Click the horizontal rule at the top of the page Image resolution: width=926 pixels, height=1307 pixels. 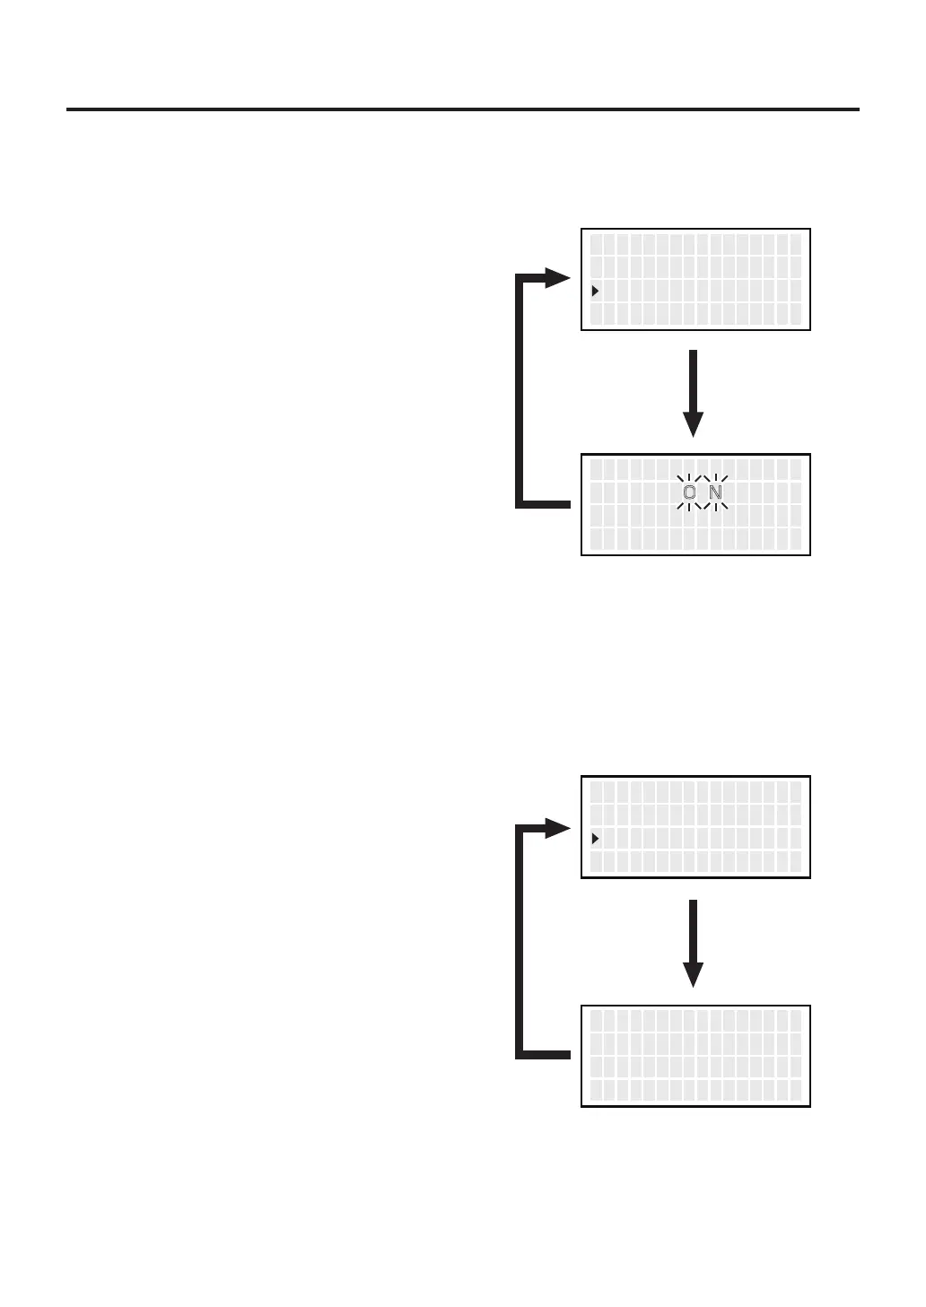(x=462, y=109)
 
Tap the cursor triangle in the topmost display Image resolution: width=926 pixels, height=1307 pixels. (x=595, y=291)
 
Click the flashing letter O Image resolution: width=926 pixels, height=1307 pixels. (x=689, y=492)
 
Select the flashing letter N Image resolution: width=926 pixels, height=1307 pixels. (x=715, y=492)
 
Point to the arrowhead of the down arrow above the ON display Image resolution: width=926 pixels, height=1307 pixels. (x=693, y=424)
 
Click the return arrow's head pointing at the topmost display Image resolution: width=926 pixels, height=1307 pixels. (x=558, y=278)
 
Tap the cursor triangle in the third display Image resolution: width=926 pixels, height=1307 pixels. (x=595, y=839)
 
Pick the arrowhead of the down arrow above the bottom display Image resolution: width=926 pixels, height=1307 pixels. (x=693, y=974)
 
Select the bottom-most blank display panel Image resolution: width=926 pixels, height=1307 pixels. (x=695, y=1056)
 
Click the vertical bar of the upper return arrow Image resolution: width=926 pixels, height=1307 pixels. (x=520, y=390)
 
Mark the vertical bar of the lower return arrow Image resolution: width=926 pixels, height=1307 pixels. (x=520, y=942)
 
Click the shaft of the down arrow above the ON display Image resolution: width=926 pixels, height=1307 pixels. (x=693, y=381)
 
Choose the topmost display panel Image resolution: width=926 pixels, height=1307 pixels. (x=695, y=280)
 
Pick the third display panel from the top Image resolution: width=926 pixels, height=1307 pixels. (x=695, y=827)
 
